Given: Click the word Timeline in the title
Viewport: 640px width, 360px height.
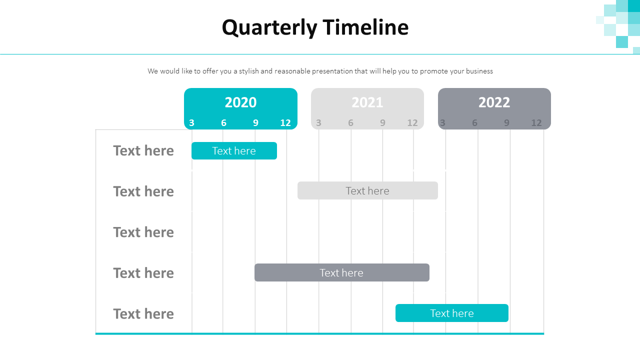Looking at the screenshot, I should click(365, 27).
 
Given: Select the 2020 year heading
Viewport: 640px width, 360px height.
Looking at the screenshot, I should click(240, 102).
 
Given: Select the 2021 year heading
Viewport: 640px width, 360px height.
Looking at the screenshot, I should click(367, 102).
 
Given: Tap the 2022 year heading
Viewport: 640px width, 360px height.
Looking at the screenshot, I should click(494, 102).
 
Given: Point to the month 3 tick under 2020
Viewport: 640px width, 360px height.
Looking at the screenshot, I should click(191, 123).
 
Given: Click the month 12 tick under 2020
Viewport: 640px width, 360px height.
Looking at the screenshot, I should click(285, 123).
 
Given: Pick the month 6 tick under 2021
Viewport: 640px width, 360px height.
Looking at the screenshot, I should click(350, 123).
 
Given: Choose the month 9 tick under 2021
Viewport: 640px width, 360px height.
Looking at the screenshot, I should click(382, 123).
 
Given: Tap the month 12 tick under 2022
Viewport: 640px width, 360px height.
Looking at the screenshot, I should click(536, 123).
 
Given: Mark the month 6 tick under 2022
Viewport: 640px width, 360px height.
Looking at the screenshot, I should click(474, 123).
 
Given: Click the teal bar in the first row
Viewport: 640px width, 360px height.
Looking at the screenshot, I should click(234, 151).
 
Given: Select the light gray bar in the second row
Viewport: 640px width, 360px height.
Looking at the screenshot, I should click(367, 191).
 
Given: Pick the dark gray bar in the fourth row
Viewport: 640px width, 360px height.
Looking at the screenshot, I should click(341, 273).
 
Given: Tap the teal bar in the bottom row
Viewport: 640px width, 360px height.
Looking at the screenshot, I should click(451, 313).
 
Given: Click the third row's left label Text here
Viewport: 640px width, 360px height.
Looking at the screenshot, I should click(143, 232).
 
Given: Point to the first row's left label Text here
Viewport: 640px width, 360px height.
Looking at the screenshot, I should click(143, 151).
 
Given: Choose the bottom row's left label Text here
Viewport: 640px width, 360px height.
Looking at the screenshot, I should click(143, 314).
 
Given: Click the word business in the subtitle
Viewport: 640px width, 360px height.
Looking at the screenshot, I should click(479, 71).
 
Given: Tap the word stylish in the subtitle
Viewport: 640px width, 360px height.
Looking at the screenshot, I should click(248, 71).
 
